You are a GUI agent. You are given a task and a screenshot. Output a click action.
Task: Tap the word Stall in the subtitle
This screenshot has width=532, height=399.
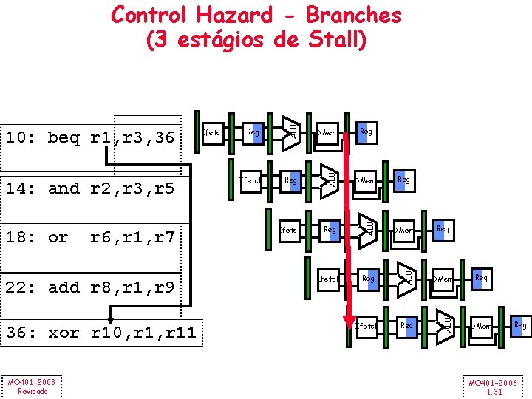click(x=330, y=40)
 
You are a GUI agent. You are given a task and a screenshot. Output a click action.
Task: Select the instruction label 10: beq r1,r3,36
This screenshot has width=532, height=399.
click(x=91, y=137)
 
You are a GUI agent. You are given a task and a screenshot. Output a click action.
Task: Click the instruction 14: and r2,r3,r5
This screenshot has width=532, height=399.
click(x=91, y=188)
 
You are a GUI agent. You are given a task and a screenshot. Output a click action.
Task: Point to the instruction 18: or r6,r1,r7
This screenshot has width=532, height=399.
click(x=91, y=237)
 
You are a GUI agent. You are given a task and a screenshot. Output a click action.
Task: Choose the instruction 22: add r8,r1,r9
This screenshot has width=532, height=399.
click(x=91, y=287)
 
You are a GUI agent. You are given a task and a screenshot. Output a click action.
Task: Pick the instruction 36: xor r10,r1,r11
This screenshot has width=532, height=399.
click(x=101, y=332)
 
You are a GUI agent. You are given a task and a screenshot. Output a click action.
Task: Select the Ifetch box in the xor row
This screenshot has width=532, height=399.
click(x=366, y=326)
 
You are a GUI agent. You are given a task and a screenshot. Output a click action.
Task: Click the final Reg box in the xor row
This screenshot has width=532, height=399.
click(x=520, y=325)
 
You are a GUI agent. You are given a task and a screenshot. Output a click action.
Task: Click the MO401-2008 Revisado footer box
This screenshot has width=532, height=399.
click(x=32, y=386)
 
